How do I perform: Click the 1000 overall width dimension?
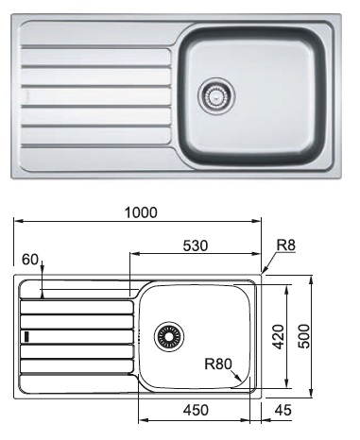click(141, 212)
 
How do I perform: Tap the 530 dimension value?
click(196, 245)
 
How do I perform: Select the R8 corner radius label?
click(286, 245)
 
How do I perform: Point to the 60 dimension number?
click(30, 260)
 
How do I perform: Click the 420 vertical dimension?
click(278, 337)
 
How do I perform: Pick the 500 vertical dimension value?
click(304, 336)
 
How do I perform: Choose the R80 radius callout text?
click(218, 364)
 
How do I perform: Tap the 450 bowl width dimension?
click(196, 410)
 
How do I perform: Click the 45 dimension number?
click(283, 410)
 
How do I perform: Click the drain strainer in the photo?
click(216, 94)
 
